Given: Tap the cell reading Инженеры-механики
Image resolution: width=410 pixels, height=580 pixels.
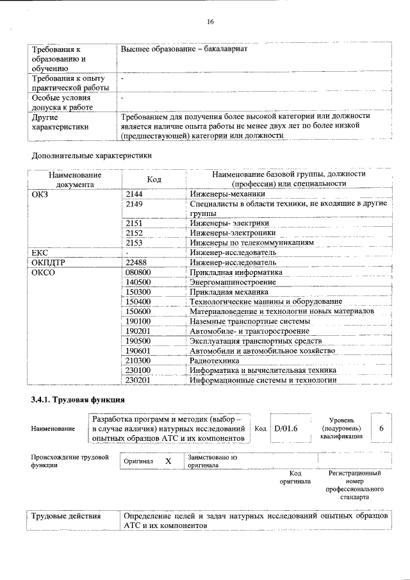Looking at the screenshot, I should (227, 194).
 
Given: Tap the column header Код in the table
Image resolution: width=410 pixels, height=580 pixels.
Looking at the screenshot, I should (154, 179).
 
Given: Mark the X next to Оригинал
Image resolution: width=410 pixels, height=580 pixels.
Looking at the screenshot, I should (168, 461).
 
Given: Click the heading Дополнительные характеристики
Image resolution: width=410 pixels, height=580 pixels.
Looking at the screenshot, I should (92, 155).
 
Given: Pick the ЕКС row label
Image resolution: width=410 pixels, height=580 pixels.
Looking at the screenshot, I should (40, 253).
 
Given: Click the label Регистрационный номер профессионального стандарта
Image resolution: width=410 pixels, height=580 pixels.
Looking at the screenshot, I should (354, 485).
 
